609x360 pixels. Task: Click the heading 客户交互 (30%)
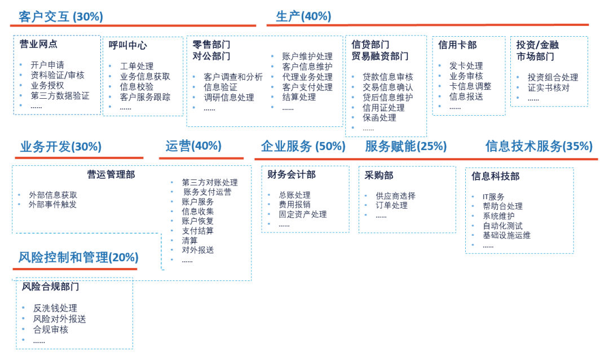point(61,16)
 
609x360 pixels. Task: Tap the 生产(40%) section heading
point(303,16)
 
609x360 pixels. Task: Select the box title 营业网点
point(38,44)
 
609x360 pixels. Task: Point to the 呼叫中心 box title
point(128,45)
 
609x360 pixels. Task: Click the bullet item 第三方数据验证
point(60,95)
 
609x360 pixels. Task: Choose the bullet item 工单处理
point(136,66)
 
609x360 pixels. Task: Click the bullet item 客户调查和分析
point(233,77)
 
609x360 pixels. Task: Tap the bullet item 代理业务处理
point(307,77)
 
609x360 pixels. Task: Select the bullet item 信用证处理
point(383,108)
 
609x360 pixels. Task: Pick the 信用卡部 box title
point(457,45)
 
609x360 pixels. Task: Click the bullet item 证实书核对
point(549,87)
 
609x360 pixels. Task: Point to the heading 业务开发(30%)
point(61,147)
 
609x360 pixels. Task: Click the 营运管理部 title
point(111,175)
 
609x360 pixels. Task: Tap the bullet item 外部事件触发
point(53,204)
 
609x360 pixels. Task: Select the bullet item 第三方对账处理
point(210,182)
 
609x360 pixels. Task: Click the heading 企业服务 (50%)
point(303,146)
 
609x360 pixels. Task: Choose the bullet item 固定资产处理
point(303,214)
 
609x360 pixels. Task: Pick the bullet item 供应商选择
point(396,196)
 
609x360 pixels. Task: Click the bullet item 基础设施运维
point(506,235)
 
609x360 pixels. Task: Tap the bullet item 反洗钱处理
point(55,308)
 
